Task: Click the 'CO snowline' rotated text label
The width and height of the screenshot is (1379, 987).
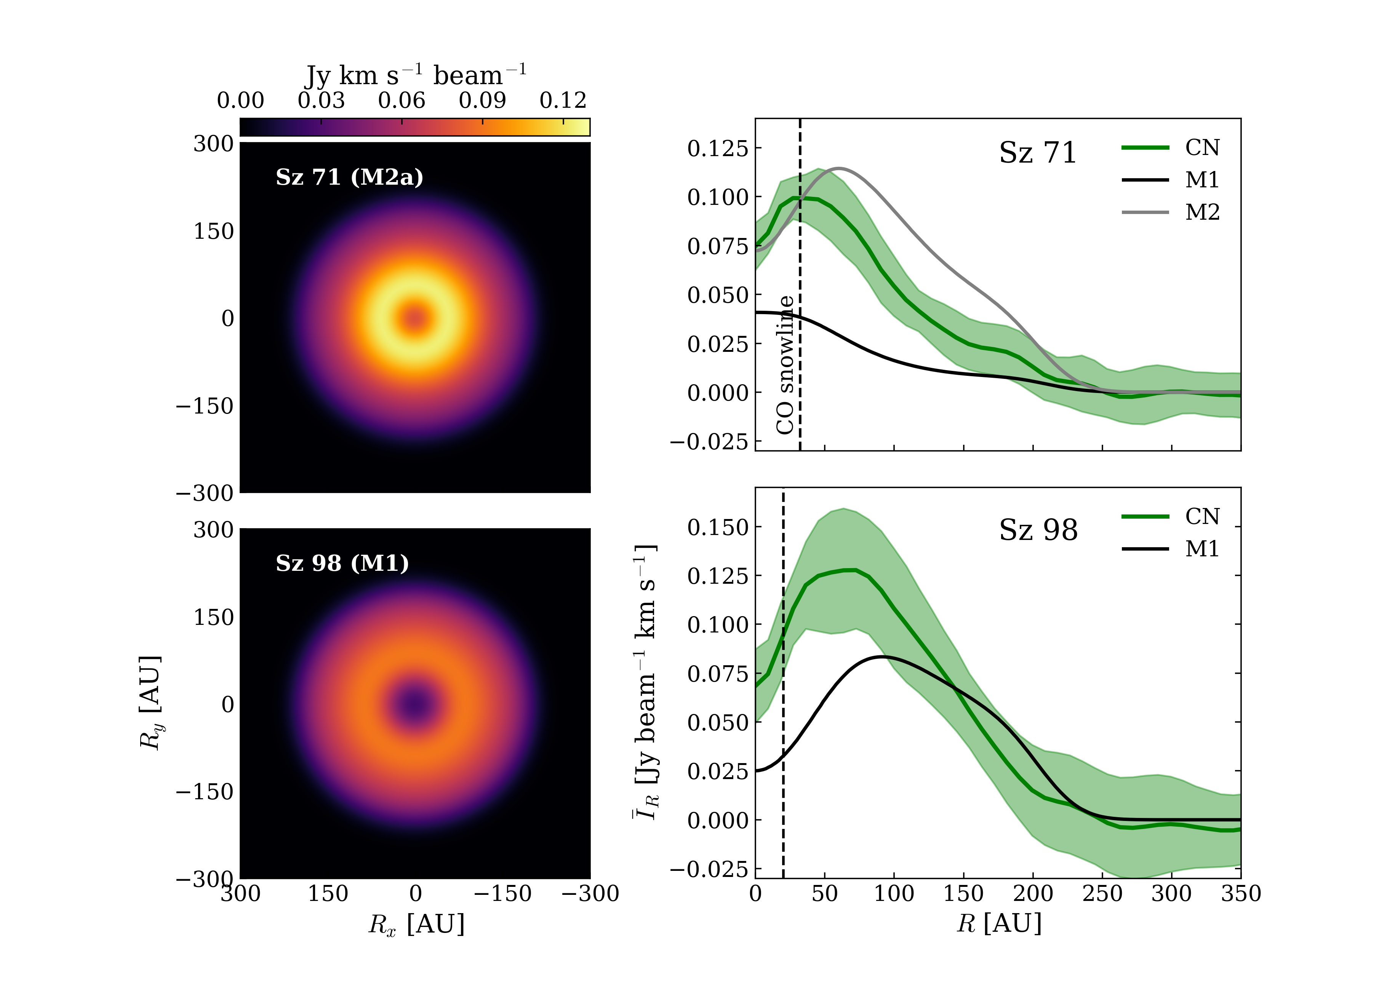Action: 785,365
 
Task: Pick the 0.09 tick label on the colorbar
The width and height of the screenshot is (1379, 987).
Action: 482,100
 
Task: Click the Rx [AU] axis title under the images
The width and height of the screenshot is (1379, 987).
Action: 416,925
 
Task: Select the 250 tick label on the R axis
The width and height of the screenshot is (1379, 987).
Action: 1102,893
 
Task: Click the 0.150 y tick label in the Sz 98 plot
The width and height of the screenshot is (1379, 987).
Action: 717,527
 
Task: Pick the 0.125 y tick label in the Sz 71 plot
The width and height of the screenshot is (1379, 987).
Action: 717,148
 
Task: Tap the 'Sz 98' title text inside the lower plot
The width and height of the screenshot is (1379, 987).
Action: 1038,530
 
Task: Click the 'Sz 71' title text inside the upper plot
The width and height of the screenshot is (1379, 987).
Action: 1037,153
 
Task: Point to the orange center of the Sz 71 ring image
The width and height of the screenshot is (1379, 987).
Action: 415,318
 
